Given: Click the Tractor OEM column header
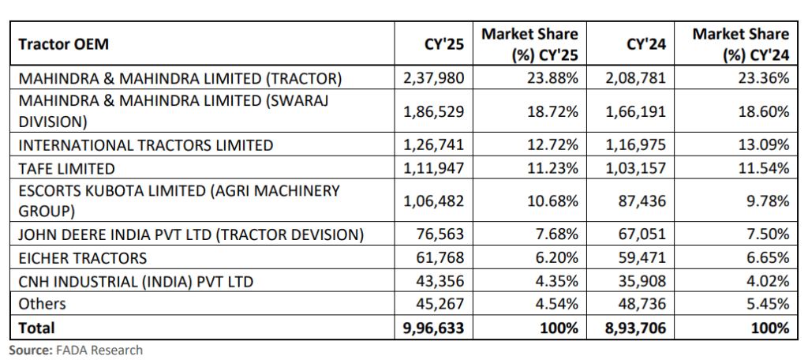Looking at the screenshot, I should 63,44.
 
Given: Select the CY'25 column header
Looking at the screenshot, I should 445,44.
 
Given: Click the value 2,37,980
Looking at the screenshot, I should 436,77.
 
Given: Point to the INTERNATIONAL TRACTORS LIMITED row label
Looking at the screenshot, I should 146,145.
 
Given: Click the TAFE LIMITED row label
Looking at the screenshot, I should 66,168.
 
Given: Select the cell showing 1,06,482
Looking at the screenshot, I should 436,201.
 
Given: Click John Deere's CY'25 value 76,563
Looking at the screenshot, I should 444,234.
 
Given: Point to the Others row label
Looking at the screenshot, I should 42,304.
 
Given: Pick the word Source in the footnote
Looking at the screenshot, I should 28,350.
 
